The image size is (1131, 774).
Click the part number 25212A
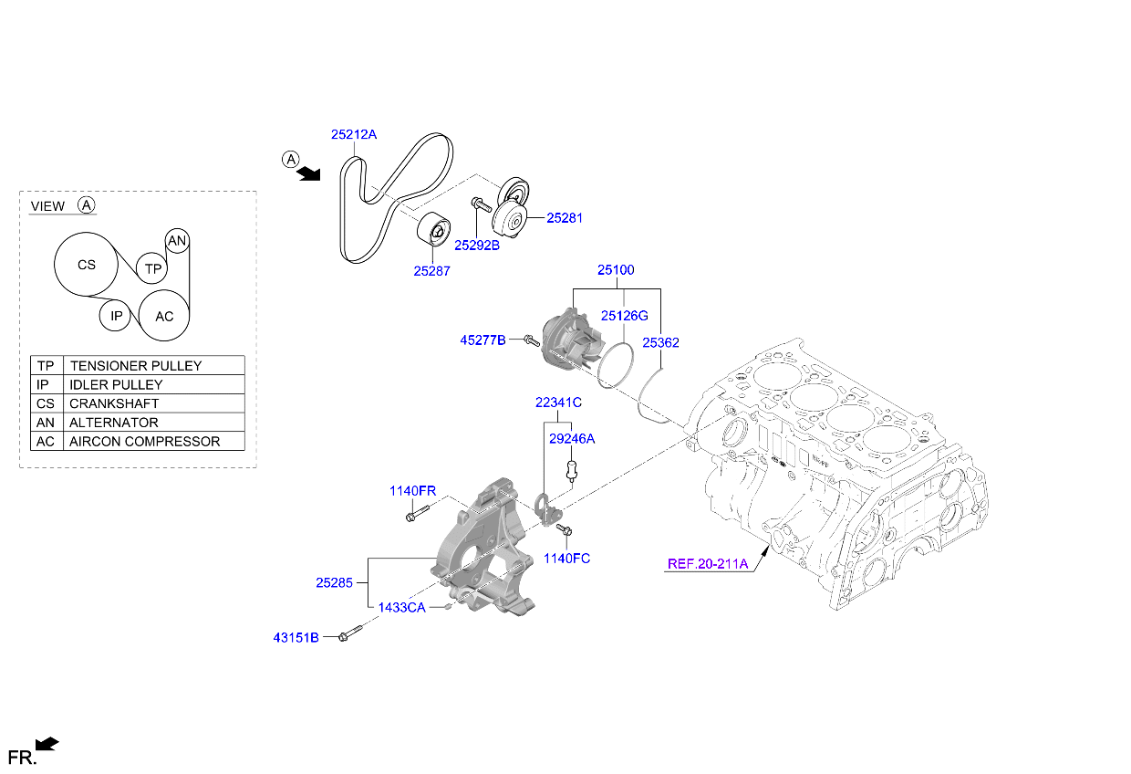[353, 134]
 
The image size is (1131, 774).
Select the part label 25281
[565, 218]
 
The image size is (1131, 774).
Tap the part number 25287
[431, 270]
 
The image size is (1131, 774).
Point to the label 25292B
[477, 245]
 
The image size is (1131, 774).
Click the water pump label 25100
[616, 270]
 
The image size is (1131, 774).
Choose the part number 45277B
[482, 340]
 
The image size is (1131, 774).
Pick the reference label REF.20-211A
[707, 563]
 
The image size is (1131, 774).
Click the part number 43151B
[296, 637]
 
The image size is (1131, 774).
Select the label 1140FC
[566, 558]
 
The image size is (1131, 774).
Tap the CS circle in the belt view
[86, 266]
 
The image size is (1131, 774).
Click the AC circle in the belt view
[164, 317]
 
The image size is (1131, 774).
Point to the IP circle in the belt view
[116, 317]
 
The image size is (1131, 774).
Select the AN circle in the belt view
[177, 241]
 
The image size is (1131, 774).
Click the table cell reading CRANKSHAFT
[114, 403]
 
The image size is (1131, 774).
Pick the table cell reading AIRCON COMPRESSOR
[144, 442]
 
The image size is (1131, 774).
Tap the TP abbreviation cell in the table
[46, 365]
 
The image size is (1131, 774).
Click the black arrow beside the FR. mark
[47, 745]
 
